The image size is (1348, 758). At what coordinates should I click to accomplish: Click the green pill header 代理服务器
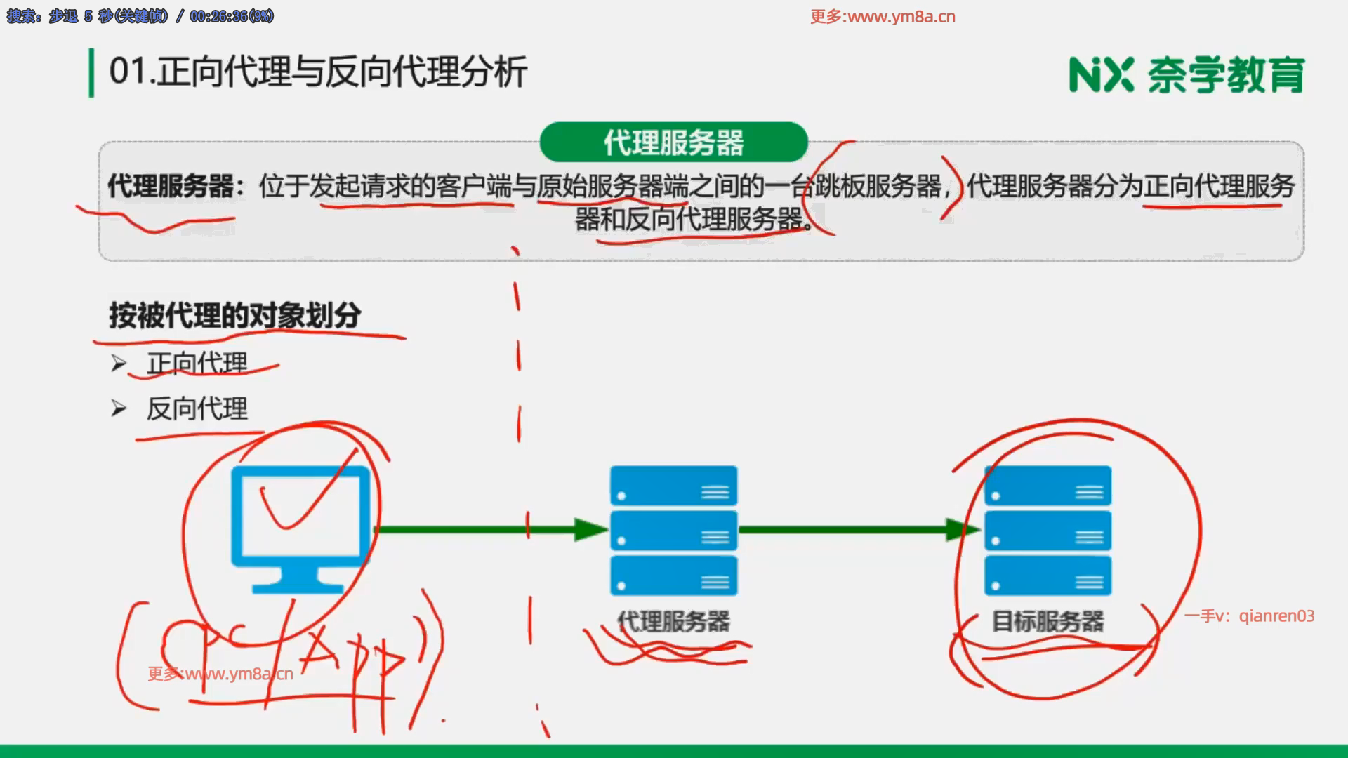[x=673, y=142]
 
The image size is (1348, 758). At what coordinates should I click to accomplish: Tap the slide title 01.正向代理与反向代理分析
[x=318, y=72]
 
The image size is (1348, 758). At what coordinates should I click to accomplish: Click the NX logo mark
[x=1101, y=75]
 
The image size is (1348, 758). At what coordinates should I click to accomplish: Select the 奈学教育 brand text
[x=1226, y=75]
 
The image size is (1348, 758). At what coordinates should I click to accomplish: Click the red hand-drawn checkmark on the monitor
[x=298, y=498]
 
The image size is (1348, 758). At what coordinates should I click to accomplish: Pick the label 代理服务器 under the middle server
[x=673, y=621]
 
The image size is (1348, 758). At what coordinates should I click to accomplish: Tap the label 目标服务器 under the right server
[x=1048, y=621]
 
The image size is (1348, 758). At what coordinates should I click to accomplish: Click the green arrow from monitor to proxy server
[x=491, y=530]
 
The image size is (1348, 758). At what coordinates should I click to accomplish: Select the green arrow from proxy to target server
[x=857, y=530]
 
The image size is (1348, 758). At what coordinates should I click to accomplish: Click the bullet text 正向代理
[x=197, y=363]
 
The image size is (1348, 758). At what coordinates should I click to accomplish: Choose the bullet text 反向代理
[x=197, y=408]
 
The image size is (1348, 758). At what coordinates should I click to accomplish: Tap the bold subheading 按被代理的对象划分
[x=235, y=315]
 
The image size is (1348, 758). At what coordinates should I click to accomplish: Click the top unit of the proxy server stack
[x=673, y=486]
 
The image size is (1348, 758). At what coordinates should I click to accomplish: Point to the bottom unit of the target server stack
[x=1048, y=576]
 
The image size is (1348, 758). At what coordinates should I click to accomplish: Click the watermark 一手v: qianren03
[x=1249, y=616]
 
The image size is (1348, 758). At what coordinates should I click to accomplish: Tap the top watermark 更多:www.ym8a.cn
[x=883, y=17]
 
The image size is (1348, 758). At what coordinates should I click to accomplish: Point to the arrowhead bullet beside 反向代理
[x=119, y=408]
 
